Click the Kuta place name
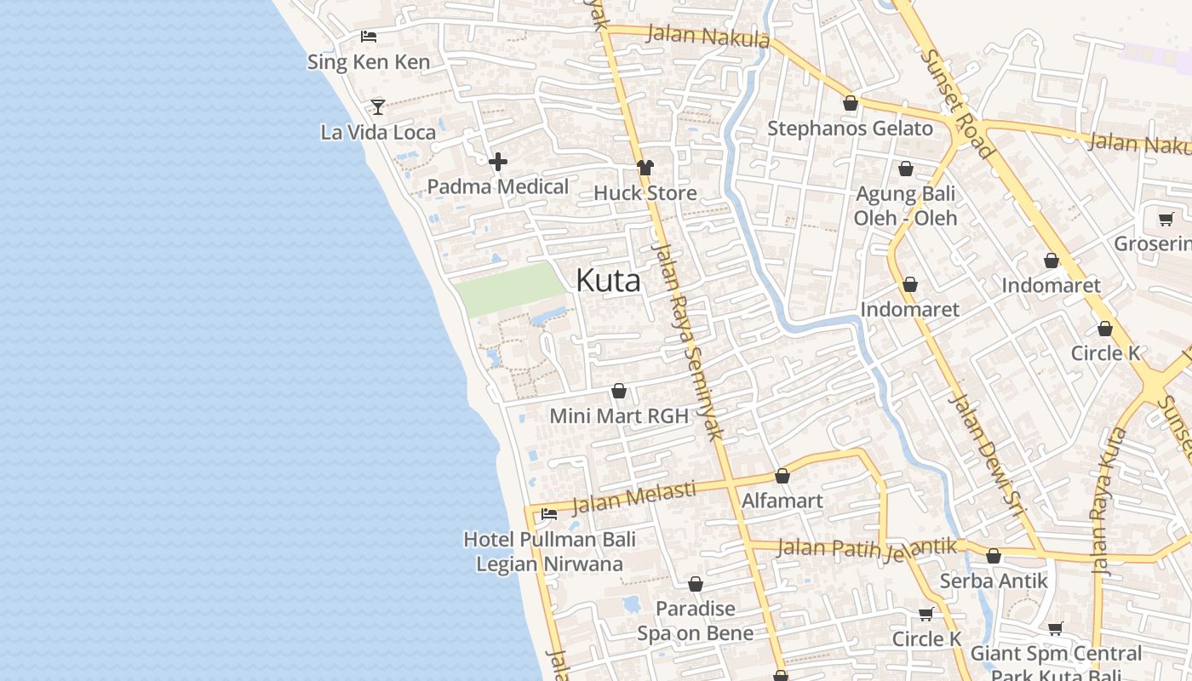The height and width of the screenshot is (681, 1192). click(608, 280)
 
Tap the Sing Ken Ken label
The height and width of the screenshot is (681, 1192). click(368, 62)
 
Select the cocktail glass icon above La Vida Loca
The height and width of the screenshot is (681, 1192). click(378, 107)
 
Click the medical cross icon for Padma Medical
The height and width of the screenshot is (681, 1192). click(498, 162)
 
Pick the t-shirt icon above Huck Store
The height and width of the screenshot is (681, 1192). click(645, 168)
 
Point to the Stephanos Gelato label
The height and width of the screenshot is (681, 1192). click(850, 129)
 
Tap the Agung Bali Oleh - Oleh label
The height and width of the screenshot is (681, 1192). click(905, 206)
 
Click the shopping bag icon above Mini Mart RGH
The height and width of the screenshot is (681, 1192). click(619, 392)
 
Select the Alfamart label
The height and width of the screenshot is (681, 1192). click(782, 501)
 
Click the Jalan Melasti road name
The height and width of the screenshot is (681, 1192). click(633, 497)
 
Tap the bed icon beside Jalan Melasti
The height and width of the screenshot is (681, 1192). click(549, 514)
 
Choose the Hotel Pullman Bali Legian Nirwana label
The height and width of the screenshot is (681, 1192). click(549, 552)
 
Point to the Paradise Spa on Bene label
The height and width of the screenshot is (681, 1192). click(695, 621)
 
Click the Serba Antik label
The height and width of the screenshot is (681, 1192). click(994, 581)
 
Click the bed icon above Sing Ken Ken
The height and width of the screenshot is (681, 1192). click(368, 37)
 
